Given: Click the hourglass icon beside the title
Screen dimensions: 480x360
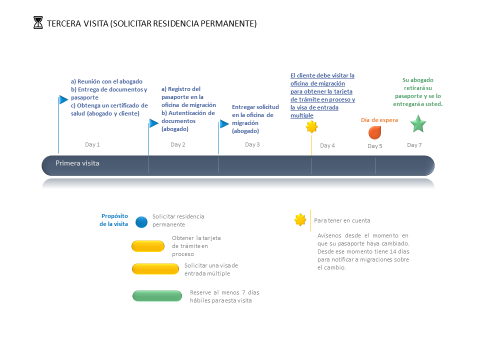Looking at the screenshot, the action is pyautogui.click(x=38, y=22).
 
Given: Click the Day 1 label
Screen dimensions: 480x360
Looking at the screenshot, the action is pyautogui.click(x=92, y=144).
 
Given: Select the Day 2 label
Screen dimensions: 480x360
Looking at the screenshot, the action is pyautogui.click(x=178, y=144).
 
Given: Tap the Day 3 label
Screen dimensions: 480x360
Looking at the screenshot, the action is pyautogui.click(x=252, y=144).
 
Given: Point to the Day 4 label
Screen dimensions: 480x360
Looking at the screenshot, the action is pyautogui.click(x=327, y=145).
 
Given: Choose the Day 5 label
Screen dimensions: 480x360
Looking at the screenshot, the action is pyautogui.click(x=374, y=146).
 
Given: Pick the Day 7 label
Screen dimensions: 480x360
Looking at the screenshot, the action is pyautogui.click(x=414, y=145).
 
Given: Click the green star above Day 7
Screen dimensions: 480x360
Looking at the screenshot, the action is pyautogui.click(x=418, y=123).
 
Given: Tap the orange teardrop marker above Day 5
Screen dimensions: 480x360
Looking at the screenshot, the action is pyautogui.click(x=374, y=132).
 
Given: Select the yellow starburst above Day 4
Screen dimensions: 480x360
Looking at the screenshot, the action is pyautogui.click(x=311, y=126).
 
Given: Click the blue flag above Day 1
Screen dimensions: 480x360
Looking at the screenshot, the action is pyautogui.click(x=63, y=99).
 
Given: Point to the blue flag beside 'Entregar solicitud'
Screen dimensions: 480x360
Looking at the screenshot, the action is pyautogui.click(x=224, y=123).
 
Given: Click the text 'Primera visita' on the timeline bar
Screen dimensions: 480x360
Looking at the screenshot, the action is pyautogui.click(x=77, y=163).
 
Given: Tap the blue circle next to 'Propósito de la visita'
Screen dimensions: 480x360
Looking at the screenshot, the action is pyautogui.click(x=141, y=222).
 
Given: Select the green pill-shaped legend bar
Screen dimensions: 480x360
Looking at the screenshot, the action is pyautogui.click(x=157, y=296).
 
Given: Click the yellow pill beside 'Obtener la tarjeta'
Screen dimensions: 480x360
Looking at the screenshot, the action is pyautogui.click(x=148, y=246).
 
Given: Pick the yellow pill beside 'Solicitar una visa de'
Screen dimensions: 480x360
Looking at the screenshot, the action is pyautogui.click(x=155, y=269).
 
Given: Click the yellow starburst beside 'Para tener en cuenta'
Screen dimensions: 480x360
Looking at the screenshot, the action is pyautogui.click(x=300, y=220).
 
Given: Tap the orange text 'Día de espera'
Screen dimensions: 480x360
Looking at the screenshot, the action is pyautogui.click(x=379, y=120).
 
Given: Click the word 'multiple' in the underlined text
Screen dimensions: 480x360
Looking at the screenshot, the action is pyautogui.click(x=302, y=115).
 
